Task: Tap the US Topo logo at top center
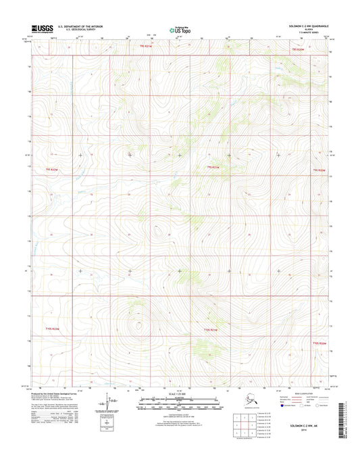point(179,30)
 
